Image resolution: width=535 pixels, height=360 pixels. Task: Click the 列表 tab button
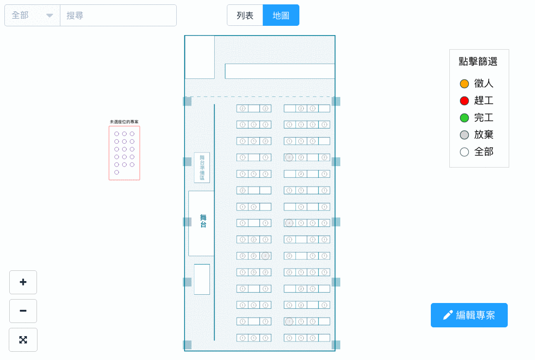pyautogui.click(x=245, y=15)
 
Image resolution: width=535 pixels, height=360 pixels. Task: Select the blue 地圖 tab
pyautogui.click(x=281, y=15)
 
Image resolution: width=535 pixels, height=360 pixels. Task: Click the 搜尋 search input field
pyautogui.click(x=118, y=16)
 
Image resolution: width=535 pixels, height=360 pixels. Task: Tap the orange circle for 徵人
pyautogui.click(x=464, y=84)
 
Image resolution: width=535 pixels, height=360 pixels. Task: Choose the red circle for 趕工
pyautogui.click(x=464, y=101)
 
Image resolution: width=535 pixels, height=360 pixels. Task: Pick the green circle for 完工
pyautogui.click(x=464, y=118)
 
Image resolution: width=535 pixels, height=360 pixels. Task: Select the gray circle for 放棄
pyautogui.click(x=464, y=135)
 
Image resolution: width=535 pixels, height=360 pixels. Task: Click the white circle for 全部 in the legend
pyautogui.click(x=464, y=152)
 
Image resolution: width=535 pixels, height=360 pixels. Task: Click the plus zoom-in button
pyautogui.click(x=23, y=282)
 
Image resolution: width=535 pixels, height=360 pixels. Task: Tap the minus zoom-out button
pyautogui.click(x=23, y=311)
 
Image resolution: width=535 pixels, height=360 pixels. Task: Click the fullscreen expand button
pyautogui.click(x=23, y=340)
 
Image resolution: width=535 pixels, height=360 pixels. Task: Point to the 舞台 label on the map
pyautogui.click(x=203, y=221)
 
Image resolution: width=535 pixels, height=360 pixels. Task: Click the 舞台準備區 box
pyautogui.click(x=202, y=168)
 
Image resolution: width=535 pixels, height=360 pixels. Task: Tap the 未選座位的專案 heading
pyautogui.click(x=124, y=122)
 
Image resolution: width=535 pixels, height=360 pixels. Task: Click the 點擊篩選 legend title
pyautogui.click(x=478, y=62)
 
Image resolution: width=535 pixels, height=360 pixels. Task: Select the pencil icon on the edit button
pyautogui.click(x=448, y=315)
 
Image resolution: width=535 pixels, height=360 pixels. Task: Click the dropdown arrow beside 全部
pyautogui.click(x=50, y=16)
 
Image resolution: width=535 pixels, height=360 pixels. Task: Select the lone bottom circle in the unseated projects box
pyautogui.click(x=117, y=172)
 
